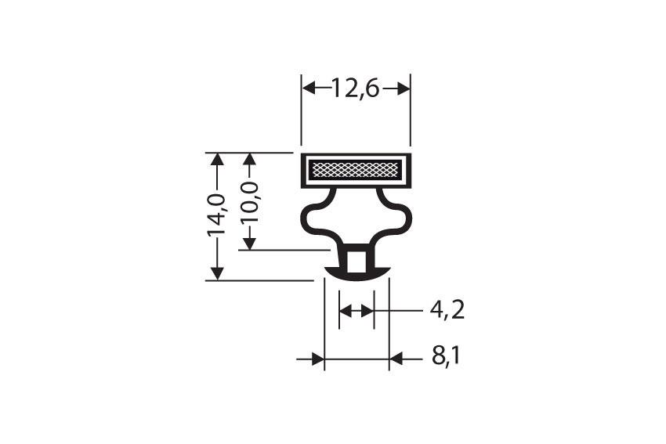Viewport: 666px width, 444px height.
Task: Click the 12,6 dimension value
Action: (355, 88)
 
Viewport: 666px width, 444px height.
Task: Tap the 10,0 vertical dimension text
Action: (249, 202)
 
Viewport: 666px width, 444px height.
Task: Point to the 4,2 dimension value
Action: (447, 311)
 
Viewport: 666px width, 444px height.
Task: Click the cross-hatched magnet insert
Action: (356, 169)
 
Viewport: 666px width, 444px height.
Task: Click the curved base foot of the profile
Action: (357, 273)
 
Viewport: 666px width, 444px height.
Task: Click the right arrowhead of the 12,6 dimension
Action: (403, 88)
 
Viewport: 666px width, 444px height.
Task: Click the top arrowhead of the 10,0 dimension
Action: (249, 160)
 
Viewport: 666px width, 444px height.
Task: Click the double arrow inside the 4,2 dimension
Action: (357, 311)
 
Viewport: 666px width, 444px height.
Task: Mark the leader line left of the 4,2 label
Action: (400, 311)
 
